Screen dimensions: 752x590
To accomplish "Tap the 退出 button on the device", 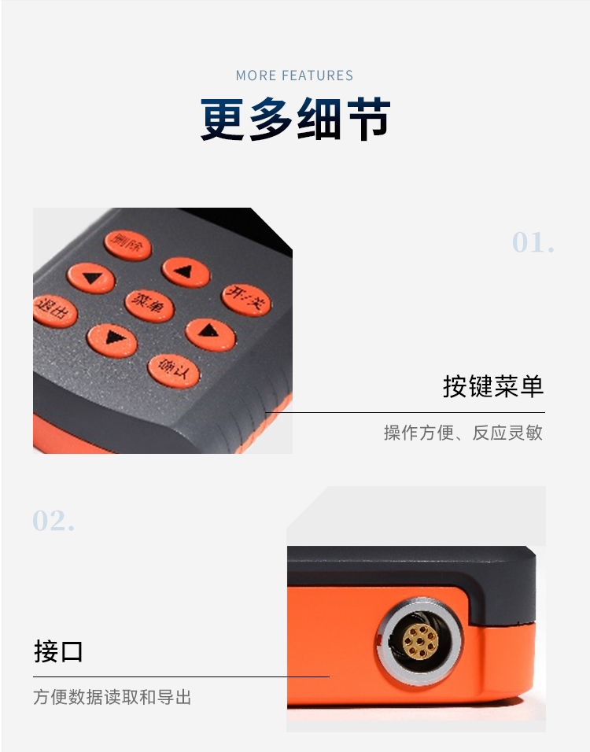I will click(54, 311).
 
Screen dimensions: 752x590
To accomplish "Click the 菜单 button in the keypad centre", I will click(149, 304).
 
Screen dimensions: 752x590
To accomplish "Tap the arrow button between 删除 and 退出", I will click(91, 278).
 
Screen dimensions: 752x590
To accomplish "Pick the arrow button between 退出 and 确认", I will click(112, 340).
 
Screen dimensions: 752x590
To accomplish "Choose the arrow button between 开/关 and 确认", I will click(210, 334).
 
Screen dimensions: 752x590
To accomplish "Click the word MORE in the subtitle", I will click(256, 76).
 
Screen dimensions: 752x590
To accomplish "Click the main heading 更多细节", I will click(295, 120).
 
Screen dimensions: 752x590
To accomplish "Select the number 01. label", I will click(533, 242).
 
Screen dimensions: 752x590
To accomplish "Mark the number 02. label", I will click(53, 521).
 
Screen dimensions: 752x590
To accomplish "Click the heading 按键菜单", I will click(493, 386).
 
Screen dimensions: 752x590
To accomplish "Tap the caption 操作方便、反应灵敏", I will click(463, 433).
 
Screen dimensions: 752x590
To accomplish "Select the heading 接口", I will click(58, 651).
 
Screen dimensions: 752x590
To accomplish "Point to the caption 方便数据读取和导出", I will click(112, 697).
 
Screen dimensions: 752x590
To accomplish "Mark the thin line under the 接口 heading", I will click(181, 676).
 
